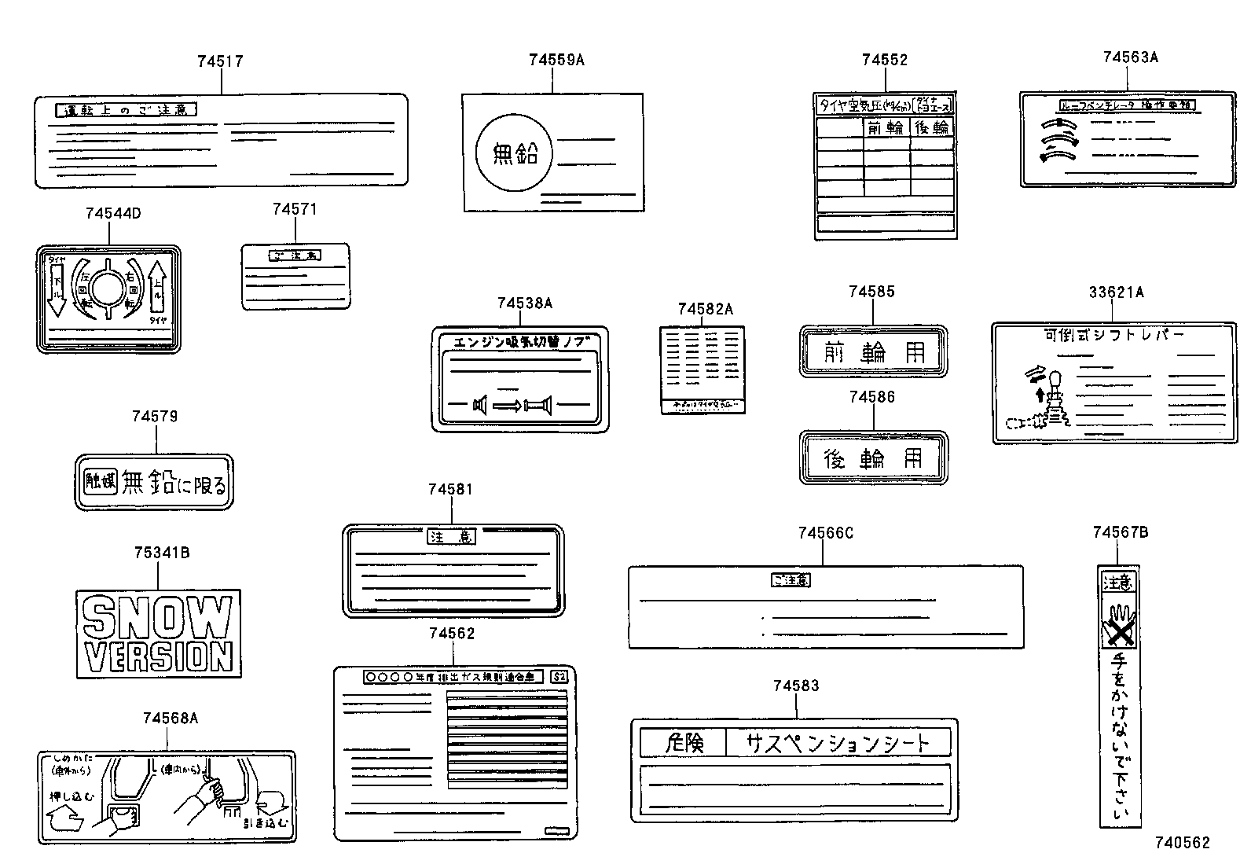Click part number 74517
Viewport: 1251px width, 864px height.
[220, 61]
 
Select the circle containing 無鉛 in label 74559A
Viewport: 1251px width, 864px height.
[515, 153]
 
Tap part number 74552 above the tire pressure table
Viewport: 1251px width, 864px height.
[884, 61]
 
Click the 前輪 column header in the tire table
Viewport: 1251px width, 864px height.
[886, 127]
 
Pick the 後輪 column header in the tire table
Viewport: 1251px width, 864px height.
[932, 127]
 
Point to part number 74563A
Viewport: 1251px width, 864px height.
[1130, 57]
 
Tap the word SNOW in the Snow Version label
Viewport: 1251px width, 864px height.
[158, 616]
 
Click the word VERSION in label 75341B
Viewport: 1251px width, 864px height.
[159, 656]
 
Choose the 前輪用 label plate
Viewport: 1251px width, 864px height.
[873, 351]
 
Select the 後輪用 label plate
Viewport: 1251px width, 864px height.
[873, 458]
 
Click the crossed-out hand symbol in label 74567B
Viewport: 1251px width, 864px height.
[1118, 625]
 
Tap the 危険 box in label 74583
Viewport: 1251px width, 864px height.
[683, 742]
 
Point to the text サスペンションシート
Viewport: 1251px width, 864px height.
[837, 742]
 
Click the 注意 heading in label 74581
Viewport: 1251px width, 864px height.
[452, 537]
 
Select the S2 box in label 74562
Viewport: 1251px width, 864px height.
[559, 677]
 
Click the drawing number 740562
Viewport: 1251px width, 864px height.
[1182, 843]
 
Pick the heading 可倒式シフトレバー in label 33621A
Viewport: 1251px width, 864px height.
[1113, 335]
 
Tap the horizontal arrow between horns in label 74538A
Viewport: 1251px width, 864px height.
[511, 406]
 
